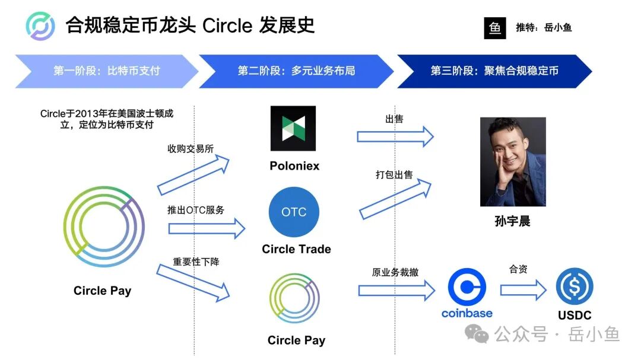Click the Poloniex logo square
click(x=293, y=129)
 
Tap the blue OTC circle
click(x=294, y=212)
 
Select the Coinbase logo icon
click(x=467, y=288)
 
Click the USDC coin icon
click(x=574, y=287)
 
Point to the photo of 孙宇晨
click(x=513, y=161)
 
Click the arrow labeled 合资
click(x=522, y=290)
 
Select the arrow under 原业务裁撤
click(x=396, y=291)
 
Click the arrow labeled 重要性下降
click(x=193, y=283)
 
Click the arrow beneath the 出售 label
click(x=395, y=136)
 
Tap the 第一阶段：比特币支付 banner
click(x=107, y=71)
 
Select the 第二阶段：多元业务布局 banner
click(x=296, y=71)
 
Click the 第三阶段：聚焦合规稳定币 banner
click(x=494, y=71)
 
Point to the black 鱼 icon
click(x=495, y=28)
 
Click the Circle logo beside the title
click(x=40, y=26)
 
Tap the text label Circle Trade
click(x=296, y=249)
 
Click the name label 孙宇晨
click(x=512, y=221)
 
